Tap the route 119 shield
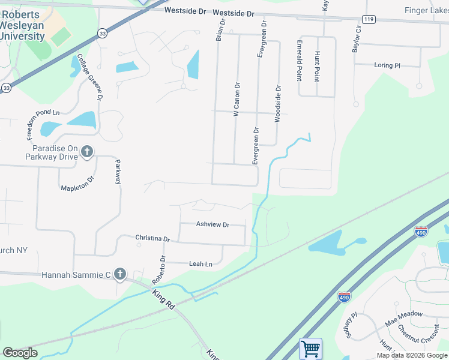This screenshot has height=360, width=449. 369,19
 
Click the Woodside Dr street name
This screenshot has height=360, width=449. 278,103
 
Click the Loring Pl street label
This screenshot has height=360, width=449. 387,65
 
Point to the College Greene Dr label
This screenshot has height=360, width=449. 89,74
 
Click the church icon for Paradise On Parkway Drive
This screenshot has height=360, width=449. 88,152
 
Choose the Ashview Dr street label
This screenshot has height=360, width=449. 212,224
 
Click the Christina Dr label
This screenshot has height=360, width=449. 152,238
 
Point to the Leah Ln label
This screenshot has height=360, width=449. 200,264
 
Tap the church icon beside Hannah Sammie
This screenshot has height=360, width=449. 119,275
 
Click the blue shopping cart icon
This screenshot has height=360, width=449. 310,348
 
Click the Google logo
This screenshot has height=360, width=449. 20,352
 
